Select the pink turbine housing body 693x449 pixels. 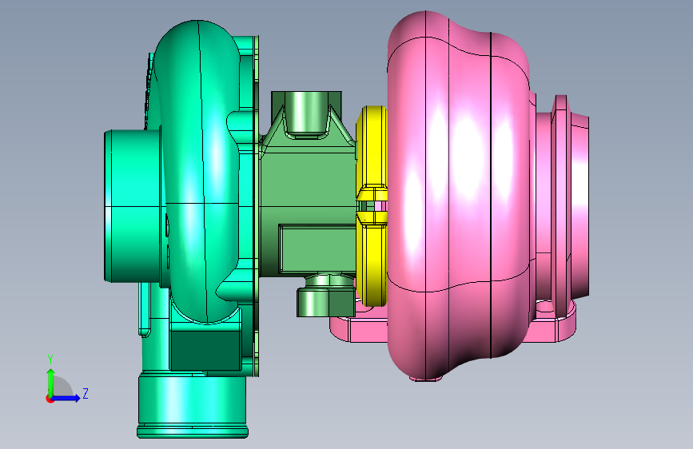coord(460,194)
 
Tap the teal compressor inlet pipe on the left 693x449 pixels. coord(133,205)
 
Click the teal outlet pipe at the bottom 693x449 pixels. coord(193,404)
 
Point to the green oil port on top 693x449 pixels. coord(306,113)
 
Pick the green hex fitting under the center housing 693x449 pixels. coord(326,301)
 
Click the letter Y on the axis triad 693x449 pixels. coord(50,359)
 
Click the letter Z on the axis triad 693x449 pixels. coord(86,393)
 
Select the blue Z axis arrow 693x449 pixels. coord(66,398)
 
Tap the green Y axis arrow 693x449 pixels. coord(51,383)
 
